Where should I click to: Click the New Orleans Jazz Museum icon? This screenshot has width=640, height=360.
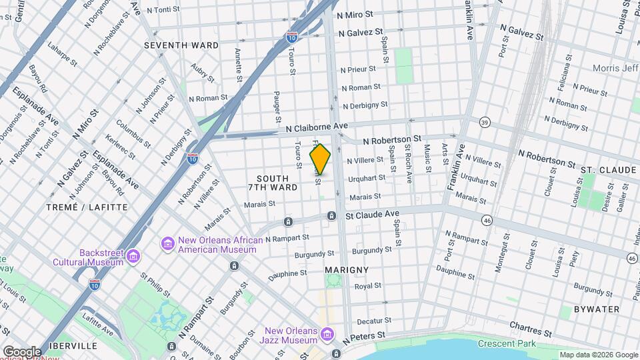pyautogui.click(x=326, y=333)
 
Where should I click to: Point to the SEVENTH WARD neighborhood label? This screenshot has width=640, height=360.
pyautogui.click(x=181, y=45)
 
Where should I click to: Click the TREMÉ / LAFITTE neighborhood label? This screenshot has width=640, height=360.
pyautogui.click(x=87, y=207)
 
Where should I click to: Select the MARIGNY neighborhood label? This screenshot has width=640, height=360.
pyautogui.click(x=346, y=270)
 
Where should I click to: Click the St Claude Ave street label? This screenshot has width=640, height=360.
pyautogui.click(x=371, y=215)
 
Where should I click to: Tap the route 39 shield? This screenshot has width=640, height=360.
pyautogui.click(x=485, y=122)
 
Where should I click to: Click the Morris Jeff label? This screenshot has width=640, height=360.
pyautogui.click(x=615, y=69)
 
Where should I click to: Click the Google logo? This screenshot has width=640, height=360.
pyautogui.click(x=21, y=351)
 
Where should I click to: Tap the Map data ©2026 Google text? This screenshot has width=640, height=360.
pyautogui.click(x=598, y=355)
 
